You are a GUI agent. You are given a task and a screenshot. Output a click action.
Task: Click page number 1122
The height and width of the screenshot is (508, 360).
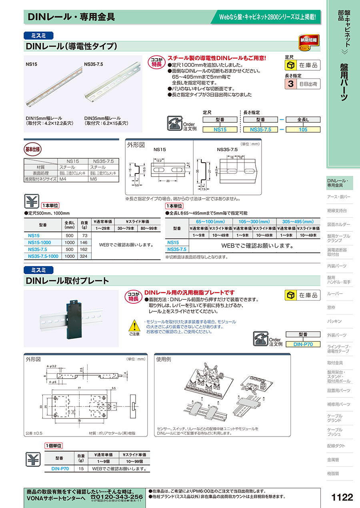coord(342,497)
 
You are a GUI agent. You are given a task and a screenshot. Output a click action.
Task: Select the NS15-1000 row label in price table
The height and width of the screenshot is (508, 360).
coord(40,243)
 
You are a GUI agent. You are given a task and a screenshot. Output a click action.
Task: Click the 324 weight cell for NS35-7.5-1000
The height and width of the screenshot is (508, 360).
coord(84,256)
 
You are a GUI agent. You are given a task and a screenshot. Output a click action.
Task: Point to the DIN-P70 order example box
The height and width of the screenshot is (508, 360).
coord(303,344)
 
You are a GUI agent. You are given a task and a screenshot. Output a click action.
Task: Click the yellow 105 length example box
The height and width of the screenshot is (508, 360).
coord(303,129)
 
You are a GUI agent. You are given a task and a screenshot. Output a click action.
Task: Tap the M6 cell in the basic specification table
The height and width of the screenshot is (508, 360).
coord(94,179)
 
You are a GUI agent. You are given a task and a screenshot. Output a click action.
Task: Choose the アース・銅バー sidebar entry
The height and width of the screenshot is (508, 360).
coord(338,197)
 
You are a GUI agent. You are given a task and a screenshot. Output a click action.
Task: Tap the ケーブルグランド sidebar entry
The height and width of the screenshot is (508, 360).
coord(334,418)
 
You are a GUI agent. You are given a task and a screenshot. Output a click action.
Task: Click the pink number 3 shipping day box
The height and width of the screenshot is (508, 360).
coord(290,84)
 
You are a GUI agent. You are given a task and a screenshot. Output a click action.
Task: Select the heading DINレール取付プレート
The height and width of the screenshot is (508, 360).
coord(67,281)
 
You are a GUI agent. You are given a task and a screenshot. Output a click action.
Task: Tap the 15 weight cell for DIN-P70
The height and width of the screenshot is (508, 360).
coord(81,468)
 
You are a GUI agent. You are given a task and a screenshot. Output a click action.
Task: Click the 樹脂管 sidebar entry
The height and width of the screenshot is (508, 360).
coord(333,473)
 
